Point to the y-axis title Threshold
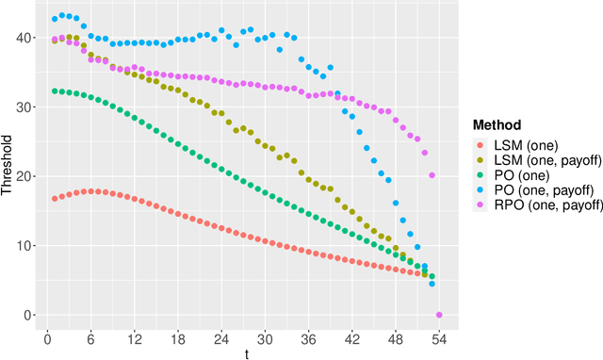click(x=8, y=165)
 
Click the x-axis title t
click(x=247, y=352)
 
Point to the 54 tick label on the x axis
click(x=439, y=336)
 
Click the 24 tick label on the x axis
click(x=221, y=336)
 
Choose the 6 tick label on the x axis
click(x=90, y=336)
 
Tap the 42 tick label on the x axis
click(x=352, y=336)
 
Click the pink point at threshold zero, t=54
click(x=439, y=315)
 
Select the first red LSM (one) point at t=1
click(x=55, y=199)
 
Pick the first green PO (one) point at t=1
click(x=55, y=91)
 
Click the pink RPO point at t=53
click(x=432, y=175)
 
